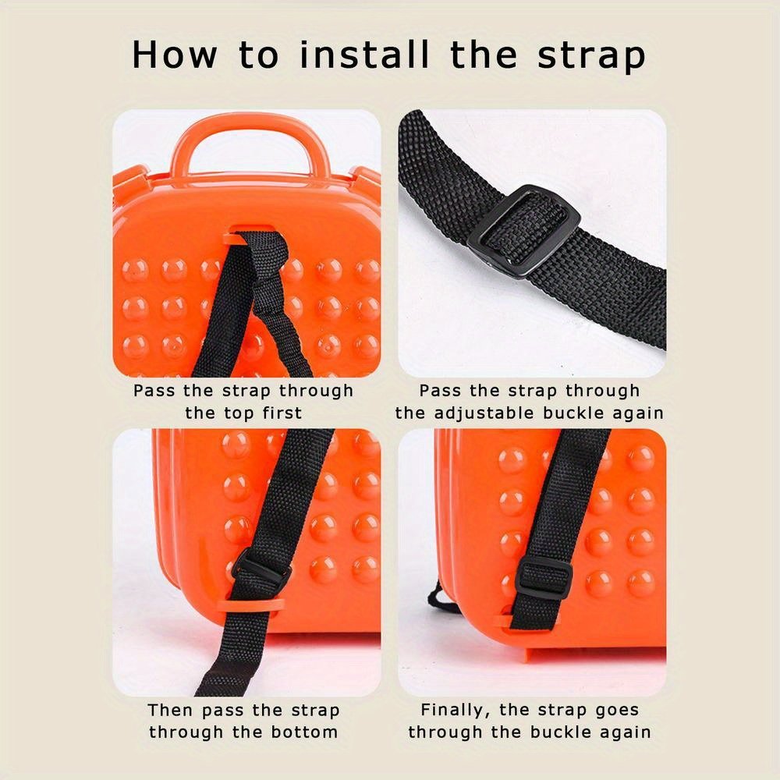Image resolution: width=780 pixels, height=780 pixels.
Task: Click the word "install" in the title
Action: (364, 54)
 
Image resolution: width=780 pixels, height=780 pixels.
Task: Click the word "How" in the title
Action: (175, 54)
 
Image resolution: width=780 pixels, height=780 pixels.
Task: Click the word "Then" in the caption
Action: (168, 710)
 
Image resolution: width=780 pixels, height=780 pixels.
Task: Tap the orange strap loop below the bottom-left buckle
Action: (255, 606)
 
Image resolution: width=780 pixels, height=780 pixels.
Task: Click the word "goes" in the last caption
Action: (617, 711)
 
